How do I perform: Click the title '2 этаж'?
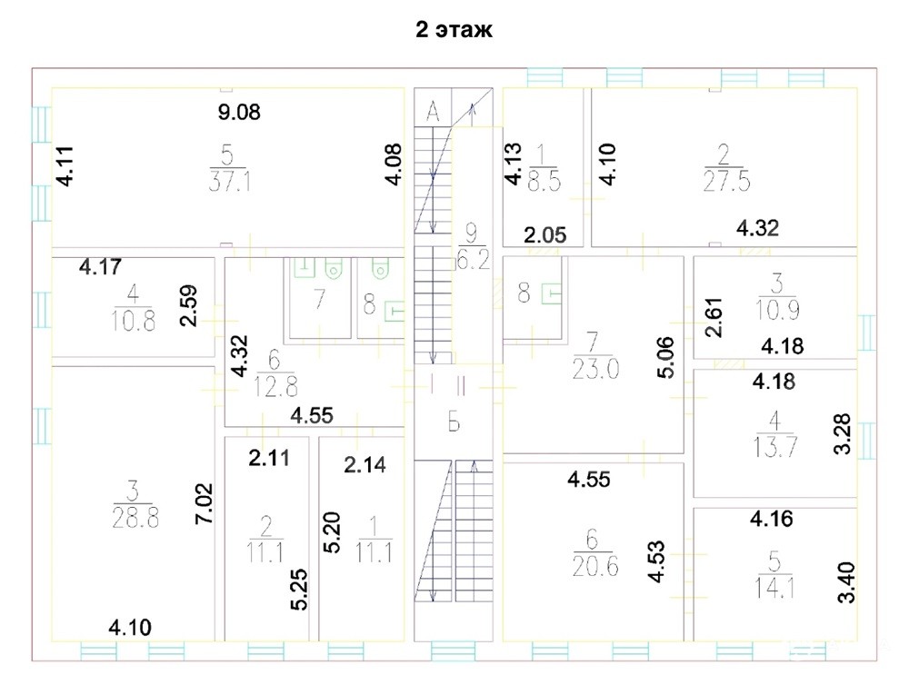(x=454, y=29)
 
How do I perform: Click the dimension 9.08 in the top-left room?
(x=239, y=112)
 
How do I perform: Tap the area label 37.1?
(x=230, y=182)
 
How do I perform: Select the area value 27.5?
(x=726, y=182)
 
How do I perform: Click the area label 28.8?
(x=135, y=518)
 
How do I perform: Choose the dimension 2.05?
(x=544, y=235)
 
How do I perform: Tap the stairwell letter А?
(x=433, y=111)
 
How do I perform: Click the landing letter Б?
(x=454, y=423)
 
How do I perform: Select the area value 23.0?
(x=595, y=369)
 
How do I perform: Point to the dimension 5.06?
(x=665, y=357)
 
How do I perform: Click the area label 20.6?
(x=594, y=565)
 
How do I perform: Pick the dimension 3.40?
(x=846, y=582)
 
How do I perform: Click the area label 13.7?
(x=775, y=447)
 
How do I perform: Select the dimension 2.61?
(x=714, y=317)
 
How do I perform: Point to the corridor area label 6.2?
(x=473, y=260)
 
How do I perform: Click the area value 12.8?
(x=275, y=386)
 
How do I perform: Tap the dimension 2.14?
(x=365, y=464)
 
